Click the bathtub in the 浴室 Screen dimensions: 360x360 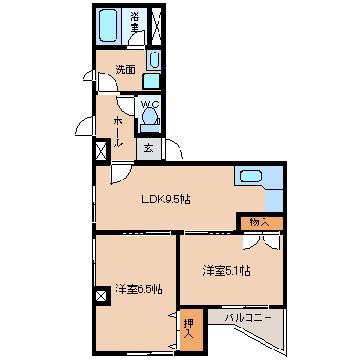click(108, 25)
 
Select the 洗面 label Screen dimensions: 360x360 click(125, 69)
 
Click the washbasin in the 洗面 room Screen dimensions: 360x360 click(154, 59)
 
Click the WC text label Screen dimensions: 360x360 click(149, 104)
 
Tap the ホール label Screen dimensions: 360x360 click(118, 132)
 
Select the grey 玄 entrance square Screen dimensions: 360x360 click(149, 149)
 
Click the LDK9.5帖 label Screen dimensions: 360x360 click(166, 200)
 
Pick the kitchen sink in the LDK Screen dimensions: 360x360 click(250, 176)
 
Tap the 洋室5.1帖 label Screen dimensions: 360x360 click(226, 271)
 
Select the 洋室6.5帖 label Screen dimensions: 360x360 click(139, 289)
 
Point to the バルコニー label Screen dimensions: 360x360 click(248, 317)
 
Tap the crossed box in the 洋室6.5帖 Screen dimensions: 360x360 click(102, 296)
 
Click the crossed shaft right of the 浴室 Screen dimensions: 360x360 click(157, 25)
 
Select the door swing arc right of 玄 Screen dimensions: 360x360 click(174, 149)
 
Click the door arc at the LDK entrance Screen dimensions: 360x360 click(121, 175)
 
